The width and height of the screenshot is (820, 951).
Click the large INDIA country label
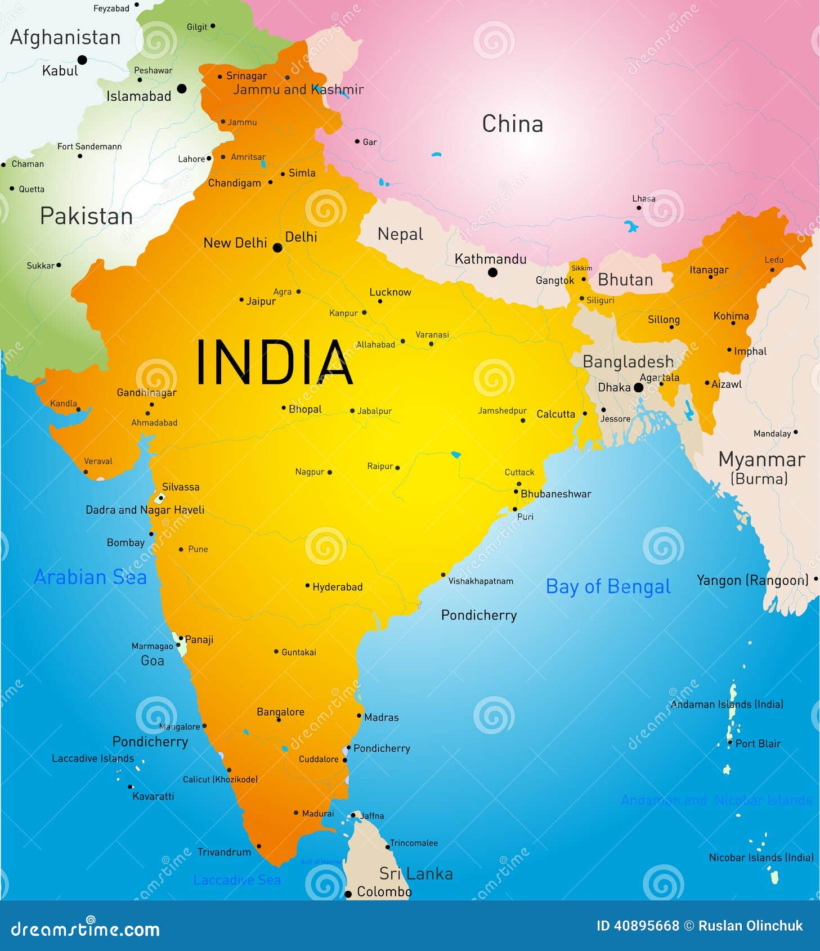274,362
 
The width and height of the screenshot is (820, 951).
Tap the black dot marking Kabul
82,60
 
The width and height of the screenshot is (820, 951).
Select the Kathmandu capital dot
492,273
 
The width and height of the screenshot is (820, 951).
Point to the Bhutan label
625,280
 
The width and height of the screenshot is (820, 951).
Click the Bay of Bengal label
608,586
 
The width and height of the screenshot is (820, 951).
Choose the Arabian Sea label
90,577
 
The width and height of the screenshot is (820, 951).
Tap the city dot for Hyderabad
307,586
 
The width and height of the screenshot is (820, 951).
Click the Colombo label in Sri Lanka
384,892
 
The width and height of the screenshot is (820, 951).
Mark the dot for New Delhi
277,248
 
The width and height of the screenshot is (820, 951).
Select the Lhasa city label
643,199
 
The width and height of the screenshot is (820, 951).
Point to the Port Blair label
758,743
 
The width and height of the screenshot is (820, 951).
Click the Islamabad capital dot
182,88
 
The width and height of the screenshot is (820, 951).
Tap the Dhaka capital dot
638,388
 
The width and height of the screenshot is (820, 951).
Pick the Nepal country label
400,234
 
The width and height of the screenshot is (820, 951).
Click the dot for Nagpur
330,472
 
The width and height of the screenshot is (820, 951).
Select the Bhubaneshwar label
555,494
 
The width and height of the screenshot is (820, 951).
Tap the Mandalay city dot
795,432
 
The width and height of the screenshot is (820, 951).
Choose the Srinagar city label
246,76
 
